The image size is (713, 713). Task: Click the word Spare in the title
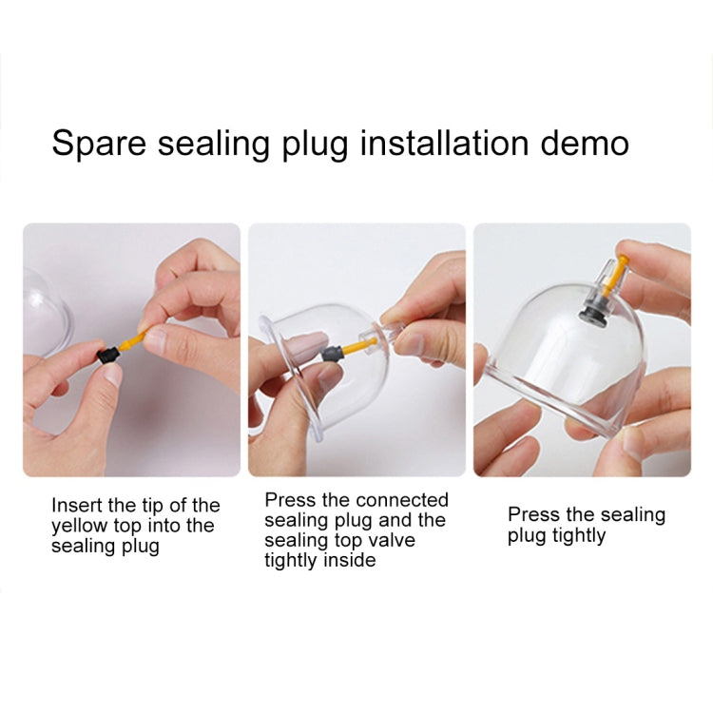pyautogui.click(x=99, y=144)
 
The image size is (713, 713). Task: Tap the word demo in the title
pyautogui.click(x=585, y=143)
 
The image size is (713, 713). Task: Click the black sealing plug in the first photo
pyautogui.click(x=107, y=356)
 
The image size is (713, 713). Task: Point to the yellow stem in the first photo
pyautogui.click(x=132, y=341)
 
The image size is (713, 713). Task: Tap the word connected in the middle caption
pyautogui.click(x=402, y=500)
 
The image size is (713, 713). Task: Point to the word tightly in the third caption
pyautogui.click(x=579, y=536)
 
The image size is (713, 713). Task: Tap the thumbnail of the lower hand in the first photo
pyautogui.click(x=110, y=374)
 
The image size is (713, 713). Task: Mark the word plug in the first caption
pyautogui.click(x=140, y=547)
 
